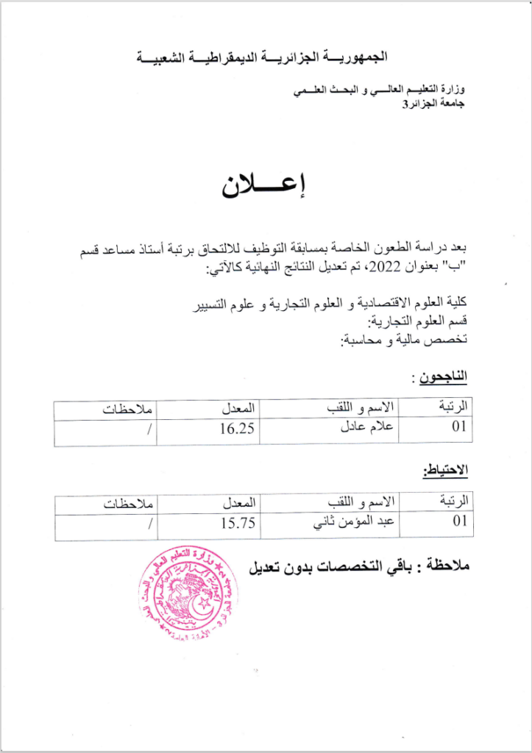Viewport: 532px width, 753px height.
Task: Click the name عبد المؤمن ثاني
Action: click(x=357, y=523)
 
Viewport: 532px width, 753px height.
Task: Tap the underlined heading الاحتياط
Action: click(x=446, y=471)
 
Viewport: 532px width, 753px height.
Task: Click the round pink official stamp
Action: click(x=187, y=593)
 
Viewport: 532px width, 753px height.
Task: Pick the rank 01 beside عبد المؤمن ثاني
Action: click(x=460, y=523)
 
